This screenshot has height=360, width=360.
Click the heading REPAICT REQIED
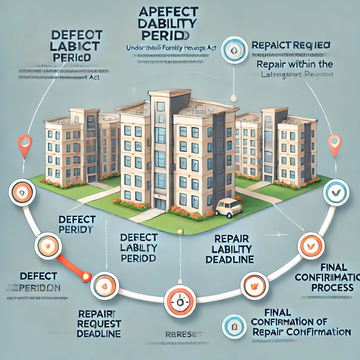click(x=291, y=45)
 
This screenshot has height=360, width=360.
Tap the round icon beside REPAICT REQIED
click(x=232, y=50)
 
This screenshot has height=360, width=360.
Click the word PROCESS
click(x=332, y=287)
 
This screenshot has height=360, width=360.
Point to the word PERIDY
click(x=76, y=230)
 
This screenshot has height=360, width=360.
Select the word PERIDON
click(x=40, y=288)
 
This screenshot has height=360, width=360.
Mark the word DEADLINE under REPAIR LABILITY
click(x=230, y=260)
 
